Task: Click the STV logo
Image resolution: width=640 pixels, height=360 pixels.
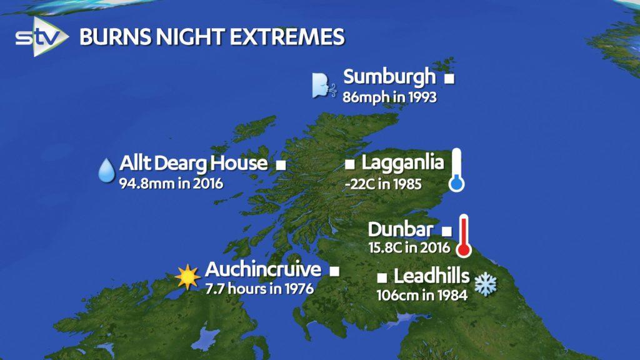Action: point(41,37)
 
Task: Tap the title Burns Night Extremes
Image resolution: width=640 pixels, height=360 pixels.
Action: point(212,37)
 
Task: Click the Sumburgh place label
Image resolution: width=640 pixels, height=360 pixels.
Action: point(389,78)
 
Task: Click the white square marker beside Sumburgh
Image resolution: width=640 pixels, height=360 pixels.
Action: point(448,79)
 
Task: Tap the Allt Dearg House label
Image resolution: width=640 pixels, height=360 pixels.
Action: point(194,164)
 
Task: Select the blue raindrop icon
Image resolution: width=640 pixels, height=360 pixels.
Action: point(106,169)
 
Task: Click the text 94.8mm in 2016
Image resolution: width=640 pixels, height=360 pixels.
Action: point(171,184)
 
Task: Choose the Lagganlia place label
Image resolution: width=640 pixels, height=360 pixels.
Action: point(402,164)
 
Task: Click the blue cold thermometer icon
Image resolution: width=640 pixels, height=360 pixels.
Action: point(457,169)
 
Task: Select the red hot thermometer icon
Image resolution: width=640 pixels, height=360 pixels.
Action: point(463,236)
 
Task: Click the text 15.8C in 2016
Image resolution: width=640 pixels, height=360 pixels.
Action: point(409,247)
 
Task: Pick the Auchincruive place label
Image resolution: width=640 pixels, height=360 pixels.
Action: point(263,270)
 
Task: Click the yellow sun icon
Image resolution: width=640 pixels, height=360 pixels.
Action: point(187,276)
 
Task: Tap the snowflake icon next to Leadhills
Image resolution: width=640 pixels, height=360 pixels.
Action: point(484,283)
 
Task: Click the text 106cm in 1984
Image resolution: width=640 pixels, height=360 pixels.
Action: point(422,295)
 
